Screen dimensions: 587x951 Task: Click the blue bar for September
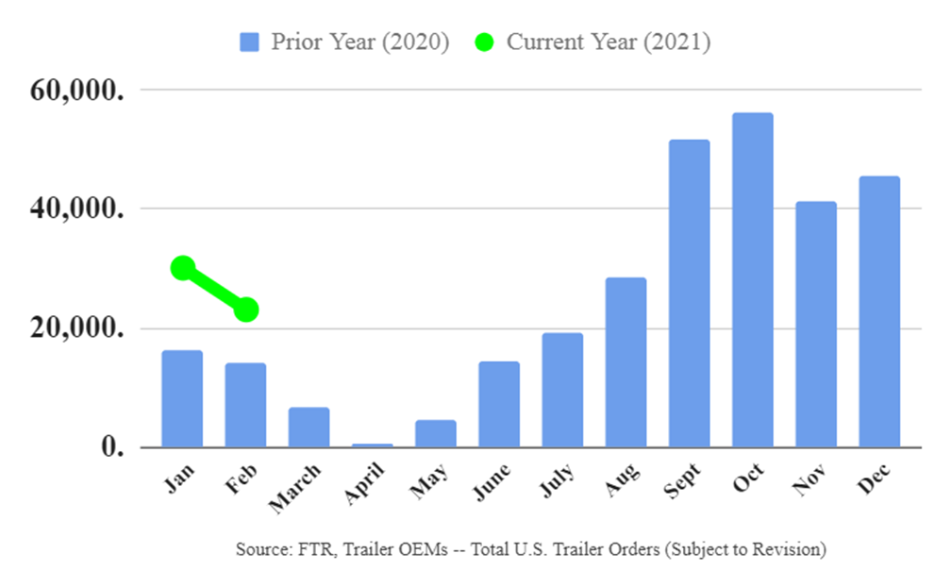pyautogui.click(x=689, y=293)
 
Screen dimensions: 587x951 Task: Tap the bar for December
pyautogui.click(x=879, y=311)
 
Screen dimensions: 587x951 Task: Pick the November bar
pyautogui.click(x=816, y=325)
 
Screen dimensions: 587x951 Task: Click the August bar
pyautogui.click(x=626, y=362)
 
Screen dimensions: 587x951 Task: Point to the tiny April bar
pyautogui.click(x=372, y=444)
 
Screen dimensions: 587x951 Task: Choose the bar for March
pyautogui.click(x=309, y=428)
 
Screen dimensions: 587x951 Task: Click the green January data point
pyautogui.click(x=183, y=268)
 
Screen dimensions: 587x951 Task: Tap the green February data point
pyautogui.click(x=246, y=309)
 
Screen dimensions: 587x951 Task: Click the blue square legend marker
pyautogui.click(x=249, y=42)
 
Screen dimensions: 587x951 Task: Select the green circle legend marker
pyautogui.click(x=484, y=42)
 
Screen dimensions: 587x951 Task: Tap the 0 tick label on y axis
pyautogui.click(x=113, y=447)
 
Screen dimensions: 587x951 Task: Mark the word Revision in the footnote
pyautogui.click(x=787, y=549)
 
